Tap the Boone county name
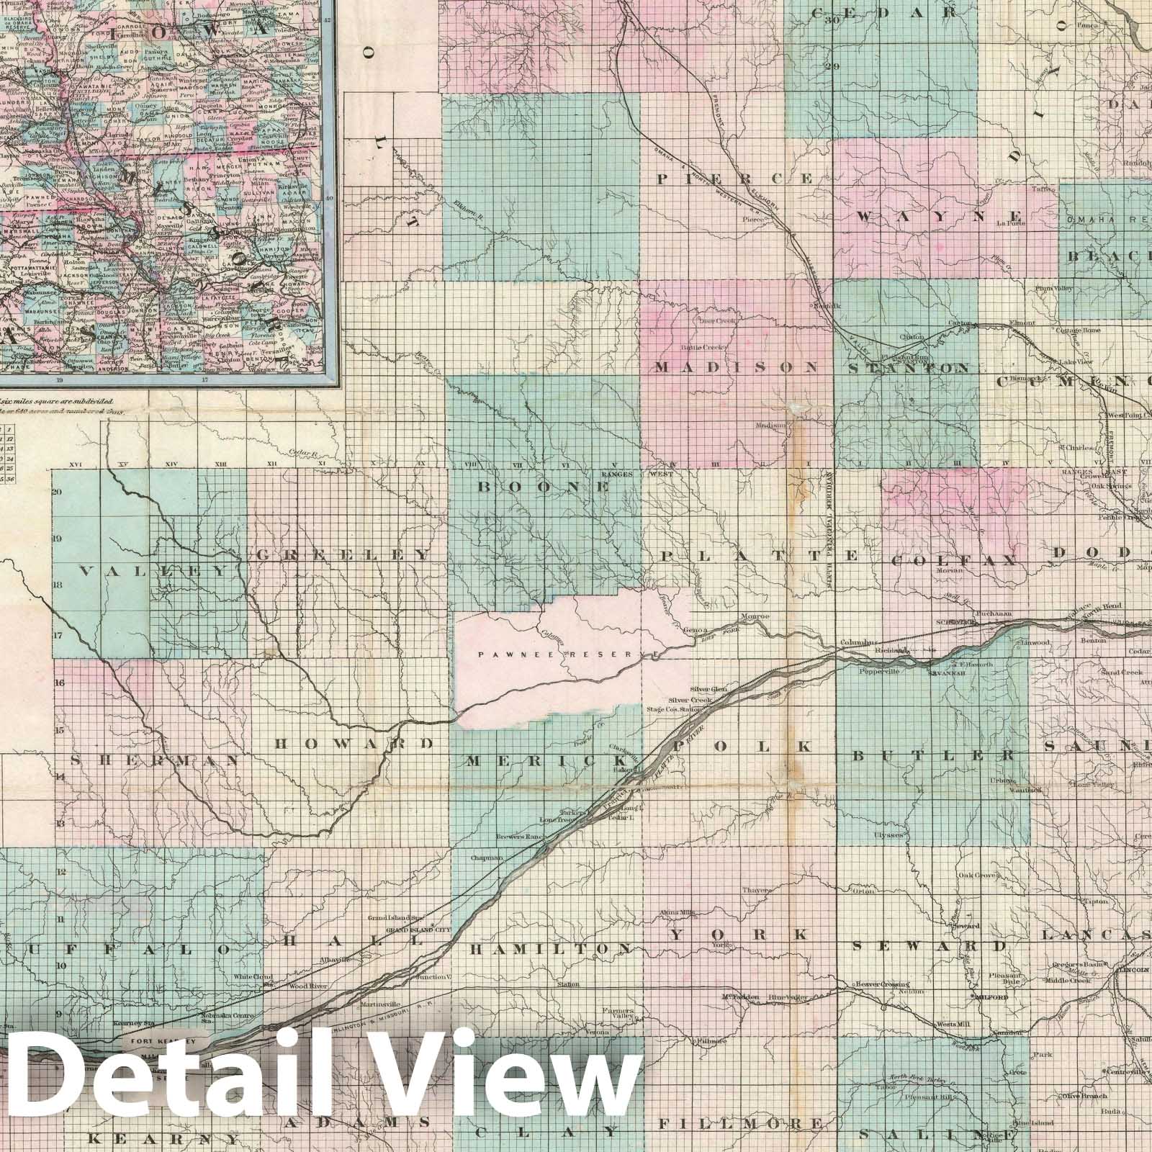pyautogui.click(x=544, y=487)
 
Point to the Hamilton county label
pyautogui.click(x=551, y=950)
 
